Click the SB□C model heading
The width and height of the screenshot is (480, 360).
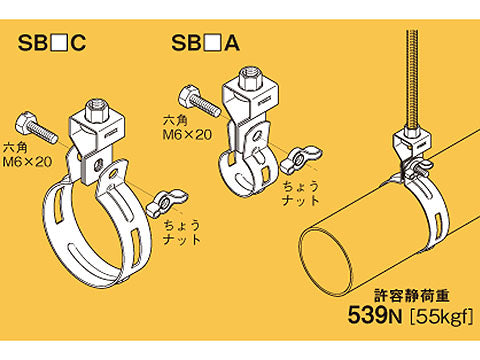[52, 43]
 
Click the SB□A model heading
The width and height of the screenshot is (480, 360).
[205, 43]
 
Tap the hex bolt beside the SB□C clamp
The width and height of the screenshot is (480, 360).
[36, 128]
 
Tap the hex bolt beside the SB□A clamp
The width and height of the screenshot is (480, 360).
[199, 100]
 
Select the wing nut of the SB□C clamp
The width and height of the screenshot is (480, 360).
[166, 204]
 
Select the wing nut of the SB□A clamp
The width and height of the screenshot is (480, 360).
[301, 159]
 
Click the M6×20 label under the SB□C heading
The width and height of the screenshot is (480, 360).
[27, 162]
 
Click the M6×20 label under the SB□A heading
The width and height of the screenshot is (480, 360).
[187, 135]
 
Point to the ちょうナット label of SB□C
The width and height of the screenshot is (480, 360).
[182, 233]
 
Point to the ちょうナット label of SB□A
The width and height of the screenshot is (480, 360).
[301, 193]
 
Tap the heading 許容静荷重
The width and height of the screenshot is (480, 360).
[412, 296]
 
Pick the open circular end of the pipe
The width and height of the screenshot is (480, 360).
[325, 261]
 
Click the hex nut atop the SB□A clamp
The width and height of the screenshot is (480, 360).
[250, 79]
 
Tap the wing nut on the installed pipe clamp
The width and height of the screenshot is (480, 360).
[421, 166]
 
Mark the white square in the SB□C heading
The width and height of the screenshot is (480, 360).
[60, 43]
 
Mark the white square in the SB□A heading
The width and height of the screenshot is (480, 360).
[213, 43]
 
